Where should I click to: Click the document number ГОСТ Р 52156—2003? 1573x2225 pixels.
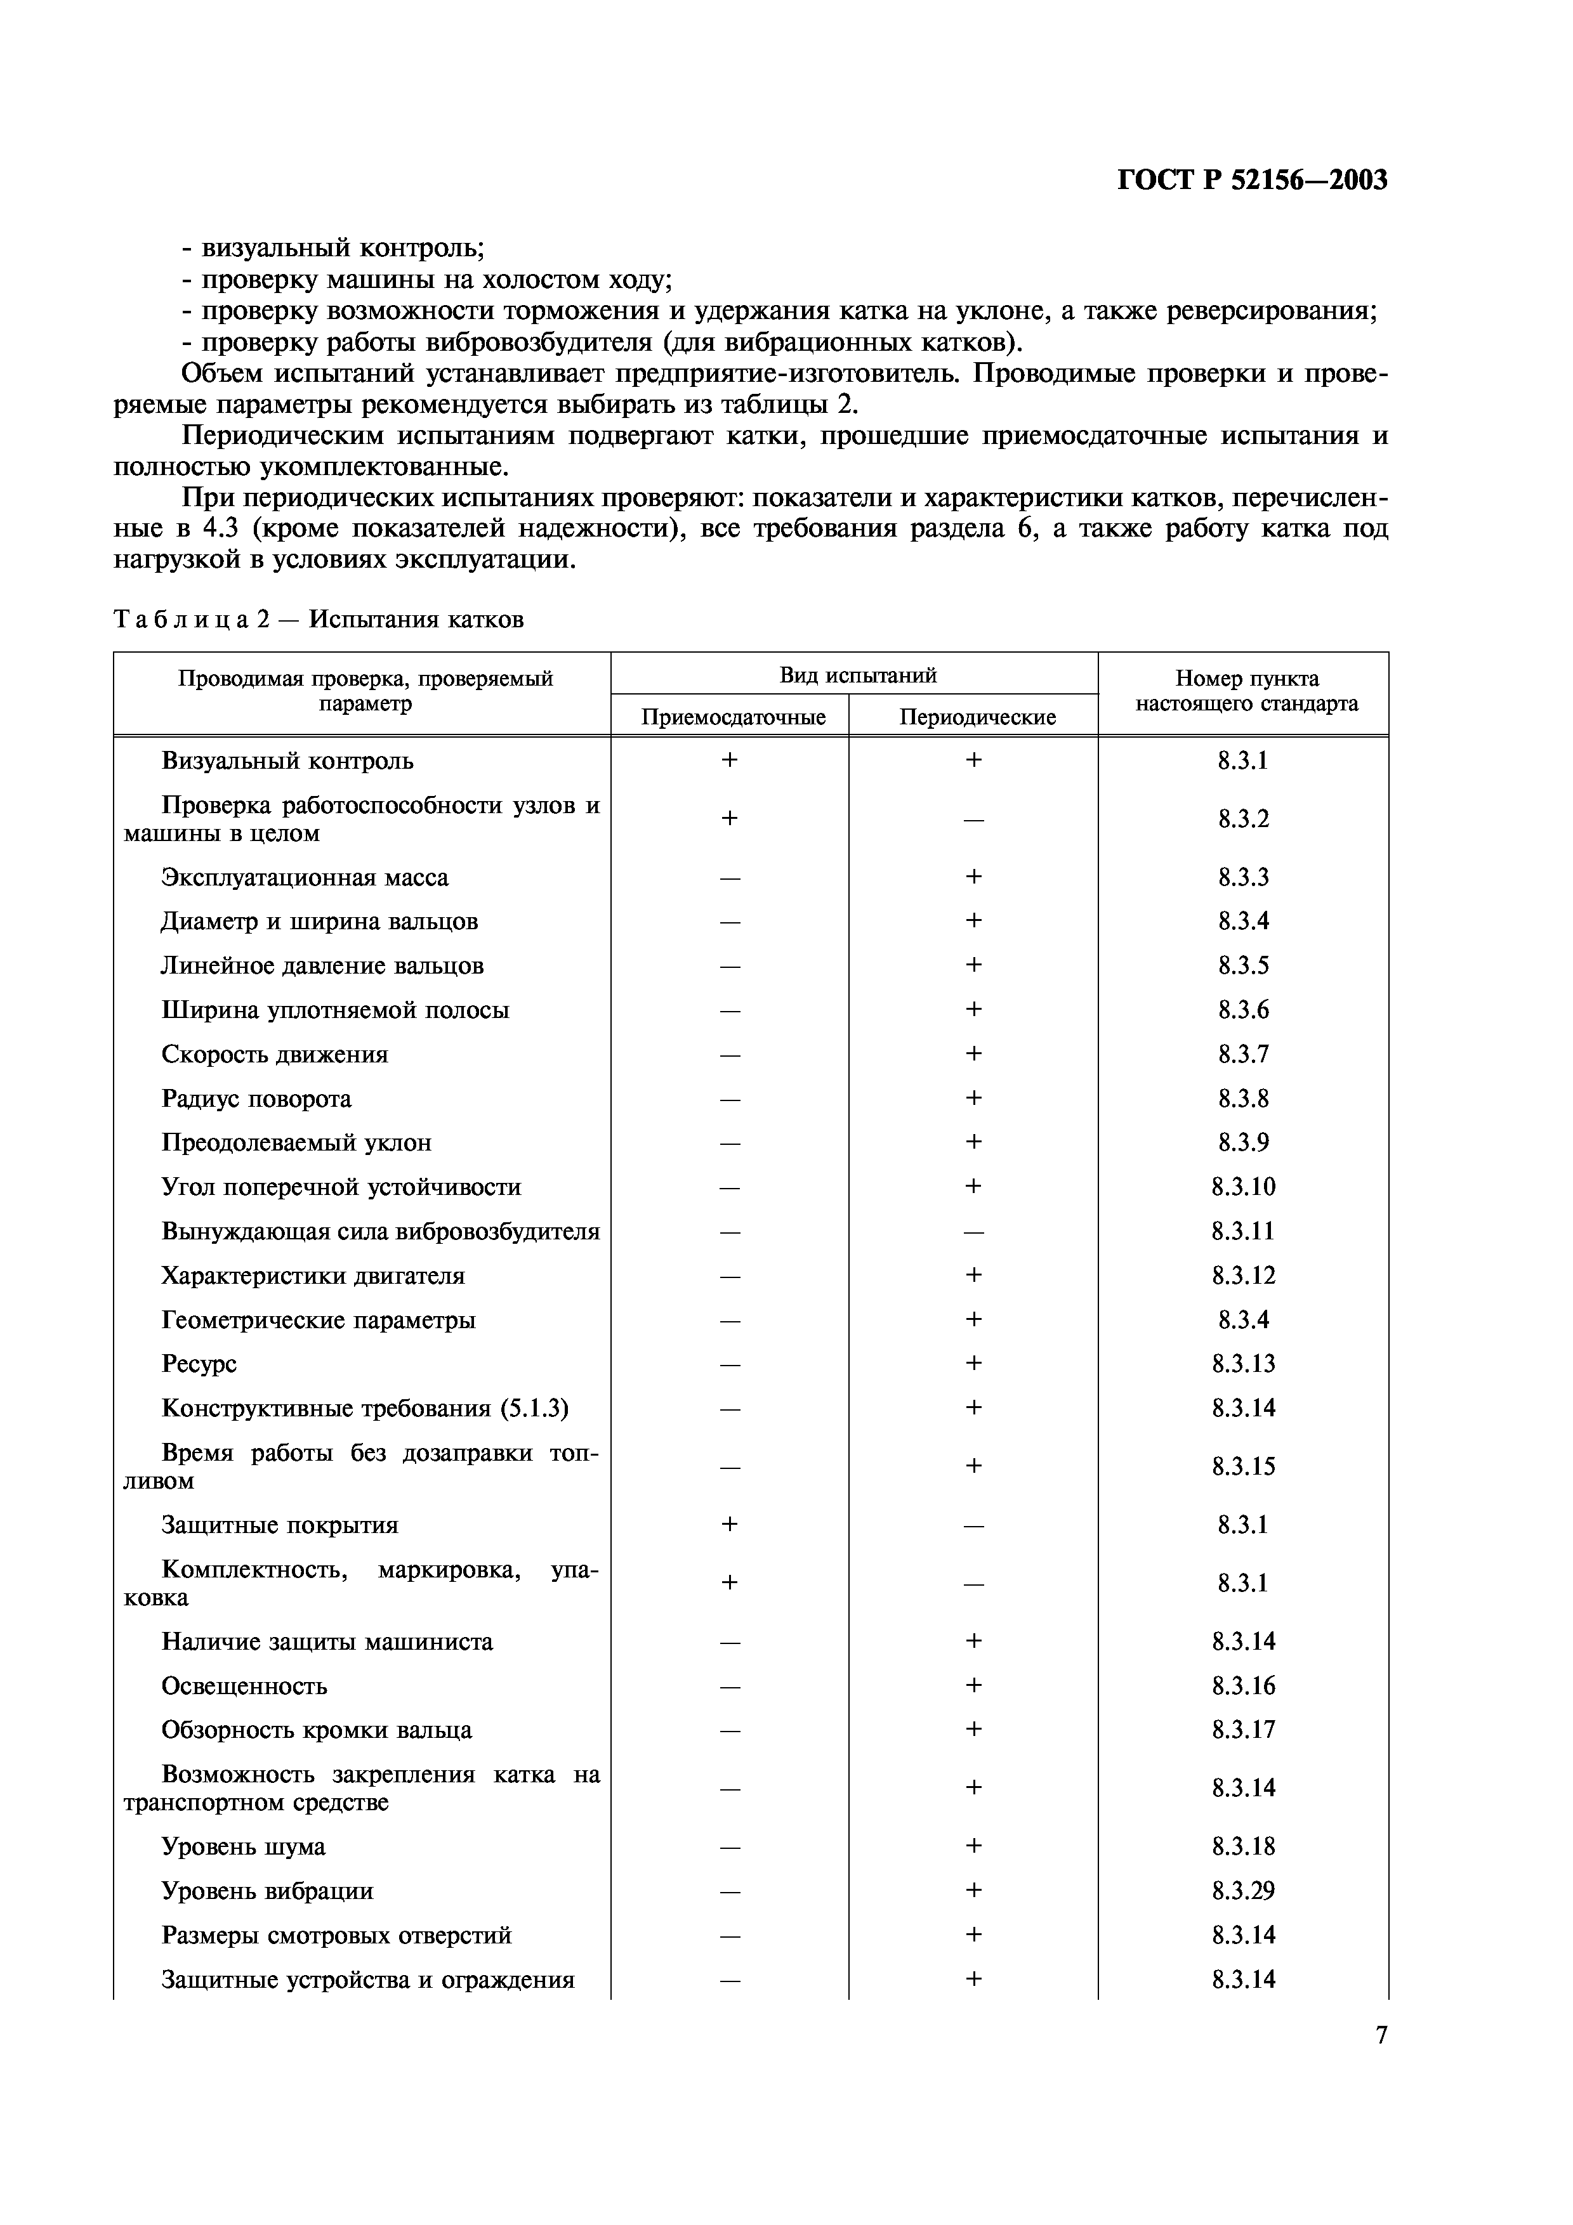1251,180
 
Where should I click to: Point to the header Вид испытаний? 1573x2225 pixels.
857,674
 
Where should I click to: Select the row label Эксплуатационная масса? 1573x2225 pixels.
305,878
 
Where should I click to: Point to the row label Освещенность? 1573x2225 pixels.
244,1687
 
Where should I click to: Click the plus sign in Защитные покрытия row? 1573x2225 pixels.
730,1525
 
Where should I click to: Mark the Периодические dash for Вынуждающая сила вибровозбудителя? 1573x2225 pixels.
973,1232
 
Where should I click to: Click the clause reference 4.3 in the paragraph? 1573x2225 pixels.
223,529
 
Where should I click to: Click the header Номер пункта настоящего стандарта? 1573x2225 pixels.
1246,691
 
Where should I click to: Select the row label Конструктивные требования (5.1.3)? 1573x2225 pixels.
364,1408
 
